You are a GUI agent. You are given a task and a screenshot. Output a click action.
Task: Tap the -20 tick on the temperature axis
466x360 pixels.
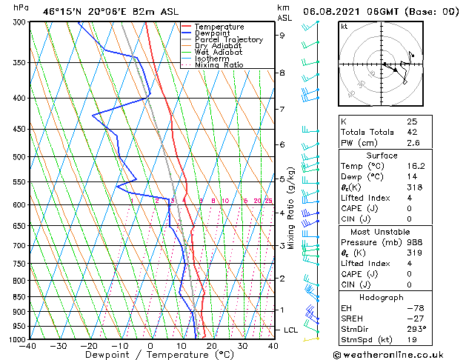[89, 345]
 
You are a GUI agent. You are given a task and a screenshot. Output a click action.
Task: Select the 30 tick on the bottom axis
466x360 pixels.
[242, 345]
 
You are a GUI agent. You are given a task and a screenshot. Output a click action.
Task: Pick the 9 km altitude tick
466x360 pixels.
[282, 35]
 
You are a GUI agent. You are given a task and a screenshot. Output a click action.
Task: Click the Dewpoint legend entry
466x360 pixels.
[211, 33]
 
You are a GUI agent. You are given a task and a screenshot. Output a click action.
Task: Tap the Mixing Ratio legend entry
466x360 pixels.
[218, 66]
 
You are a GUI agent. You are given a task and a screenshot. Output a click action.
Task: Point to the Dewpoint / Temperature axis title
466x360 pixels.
[150, 355]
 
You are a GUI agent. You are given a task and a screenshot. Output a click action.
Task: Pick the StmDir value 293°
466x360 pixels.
[416, 329]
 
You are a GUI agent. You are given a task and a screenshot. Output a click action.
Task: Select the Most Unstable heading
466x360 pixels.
[382, 231]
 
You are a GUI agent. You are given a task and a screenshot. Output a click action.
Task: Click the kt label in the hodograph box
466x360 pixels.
[344, 26]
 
